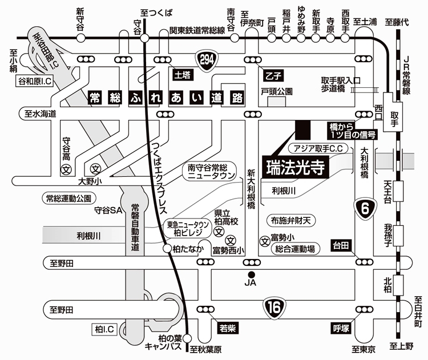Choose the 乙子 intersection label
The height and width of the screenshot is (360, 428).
pyautogui.click(x=273, y=75)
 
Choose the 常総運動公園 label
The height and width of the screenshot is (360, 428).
pyautogui.click(x=68, y=199)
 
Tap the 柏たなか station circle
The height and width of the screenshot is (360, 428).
pyautogui.click(x=166, y=249)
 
